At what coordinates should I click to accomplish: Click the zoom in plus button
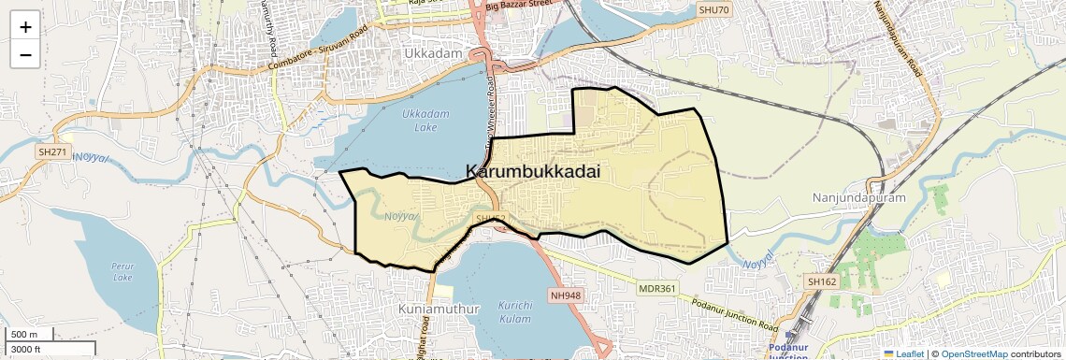[x=25, y=26]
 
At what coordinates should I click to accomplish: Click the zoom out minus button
[x=25, y=54]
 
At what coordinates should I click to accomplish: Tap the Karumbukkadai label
[x=532, y=172]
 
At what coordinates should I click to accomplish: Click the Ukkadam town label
[x=434, y=54]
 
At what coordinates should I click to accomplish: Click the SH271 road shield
[x=51, y=151]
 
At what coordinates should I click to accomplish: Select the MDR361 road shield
[x=656, y=289]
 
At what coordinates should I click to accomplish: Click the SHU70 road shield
[x=713, y=10]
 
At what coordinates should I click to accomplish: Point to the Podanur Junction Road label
[x=734, y=314]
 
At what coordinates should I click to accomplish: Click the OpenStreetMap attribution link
[x=973, y=353]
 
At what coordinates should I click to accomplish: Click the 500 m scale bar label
[x=24, y=335]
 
